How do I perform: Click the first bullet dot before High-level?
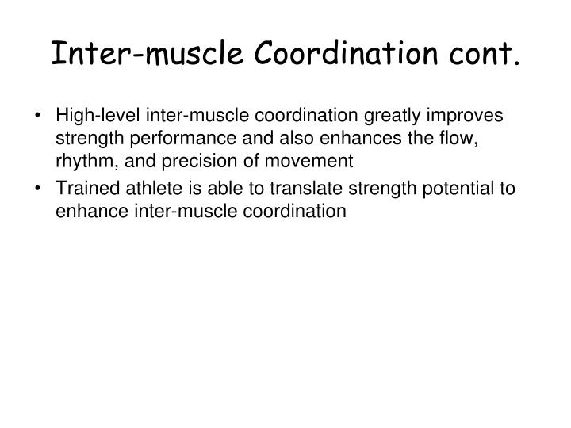(41, 115)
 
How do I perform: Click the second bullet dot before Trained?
(41, 189)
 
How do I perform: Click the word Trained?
(82, 189)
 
